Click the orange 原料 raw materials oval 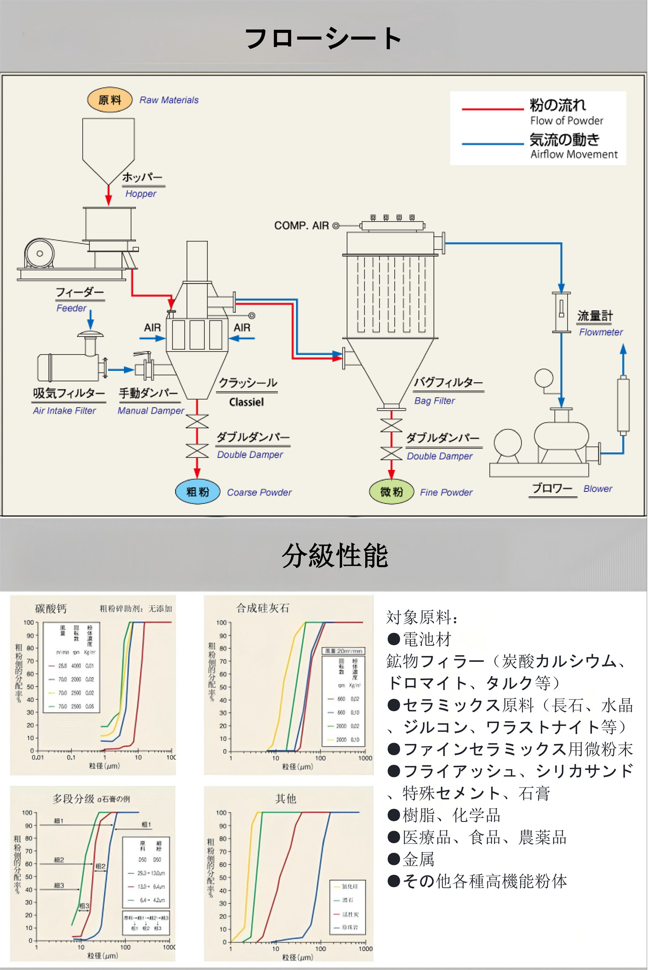pos(109,100)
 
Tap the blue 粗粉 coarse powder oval pos(197,492)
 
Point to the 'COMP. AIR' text pos(301,226)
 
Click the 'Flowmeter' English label pos(600,332)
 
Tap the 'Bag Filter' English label pos(434,401)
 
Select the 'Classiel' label pos(246,402)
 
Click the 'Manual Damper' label pos(151,411)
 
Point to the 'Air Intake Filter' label pos(64,411)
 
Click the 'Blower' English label pos(598,489)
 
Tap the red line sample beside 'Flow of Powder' pos(493,109)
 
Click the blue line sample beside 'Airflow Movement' pos(493,144)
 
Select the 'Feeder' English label pos(72,308)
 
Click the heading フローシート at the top pos(323,39)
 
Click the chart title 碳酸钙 pos(51,609)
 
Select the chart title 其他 pos(286,798)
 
